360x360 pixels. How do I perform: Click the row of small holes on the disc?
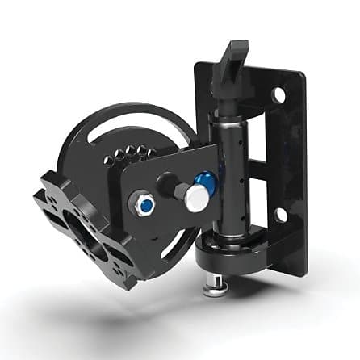coord(132,153)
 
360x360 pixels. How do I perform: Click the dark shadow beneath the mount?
coord(121,319)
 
